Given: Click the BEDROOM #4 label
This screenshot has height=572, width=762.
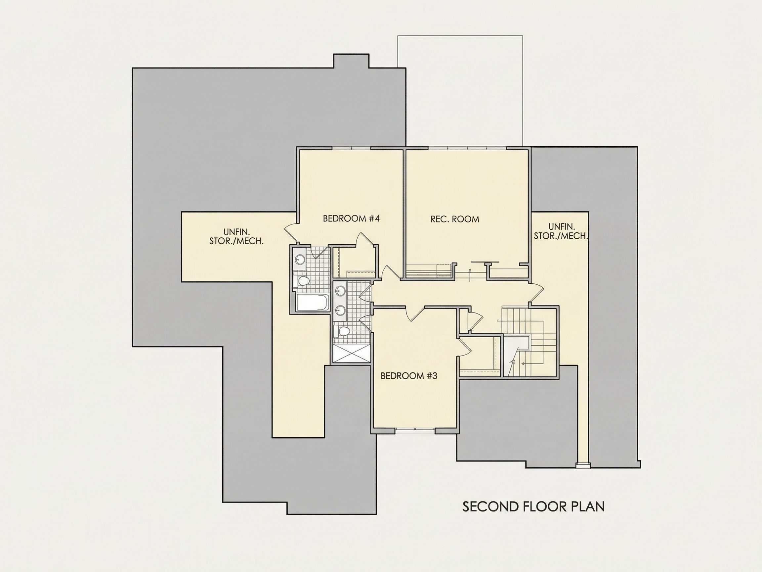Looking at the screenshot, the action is tap(351, 218).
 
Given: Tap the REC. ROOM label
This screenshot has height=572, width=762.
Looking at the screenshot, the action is tap(455, 219).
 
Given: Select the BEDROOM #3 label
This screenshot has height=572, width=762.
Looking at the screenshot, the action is tap(409, 376).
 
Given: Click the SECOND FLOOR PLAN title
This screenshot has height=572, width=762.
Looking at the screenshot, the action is tap(533, 507).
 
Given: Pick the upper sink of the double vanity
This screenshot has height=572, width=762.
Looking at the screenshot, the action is tap(341, 291).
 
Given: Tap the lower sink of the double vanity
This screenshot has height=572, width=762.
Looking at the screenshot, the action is tap(341, 310).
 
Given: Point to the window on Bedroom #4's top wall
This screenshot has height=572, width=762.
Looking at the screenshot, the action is tap(351, 148).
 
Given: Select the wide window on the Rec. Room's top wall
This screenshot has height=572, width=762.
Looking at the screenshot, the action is tap(467, 148).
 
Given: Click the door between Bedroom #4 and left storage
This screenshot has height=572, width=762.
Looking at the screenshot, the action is tap(291, 231).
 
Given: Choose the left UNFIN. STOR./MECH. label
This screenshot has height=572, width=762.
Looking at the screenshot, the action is tap(236, 236).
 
